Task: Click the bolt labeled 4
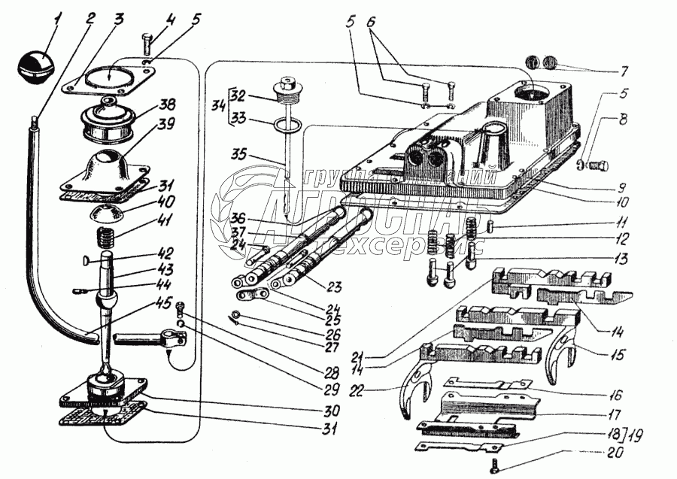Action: (147, 44)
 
